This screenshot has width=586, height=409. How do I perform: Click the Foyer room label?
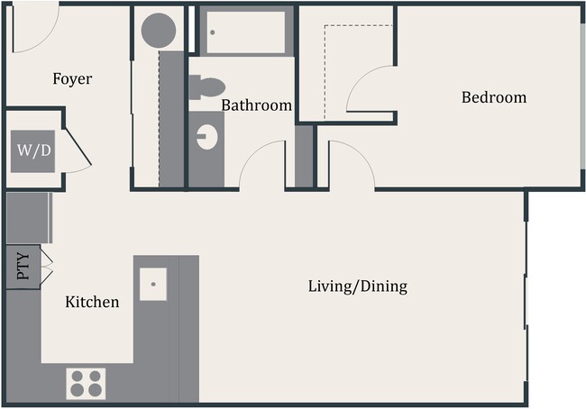[x=72, y=79]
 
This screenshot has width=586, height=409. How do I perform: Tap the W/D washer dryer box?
[x=33, y=150]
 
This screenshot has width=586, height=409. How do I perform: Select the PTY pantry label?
[x=23, y=268]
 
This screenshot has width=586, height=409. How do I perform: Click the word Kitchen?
[x=92, y=303]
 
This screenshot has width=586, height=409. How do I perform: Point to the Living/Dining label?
[x=357, y=287]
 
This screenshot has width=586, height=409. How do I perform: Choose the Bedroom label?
[x=493, y=97]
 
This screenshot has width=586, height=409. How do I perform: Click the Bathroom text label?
[x=257, y=105]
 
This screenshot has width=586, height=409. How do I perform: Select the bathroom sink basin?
[x=207, y=138]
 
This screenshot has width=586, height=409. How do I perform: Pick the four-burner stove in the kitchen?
[x=87, y=383]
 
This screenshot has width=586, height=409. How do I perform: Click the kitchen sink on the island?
[x=154, y=283]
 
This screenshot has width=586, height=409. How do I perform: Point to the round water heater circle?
[x=160, y=31]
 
